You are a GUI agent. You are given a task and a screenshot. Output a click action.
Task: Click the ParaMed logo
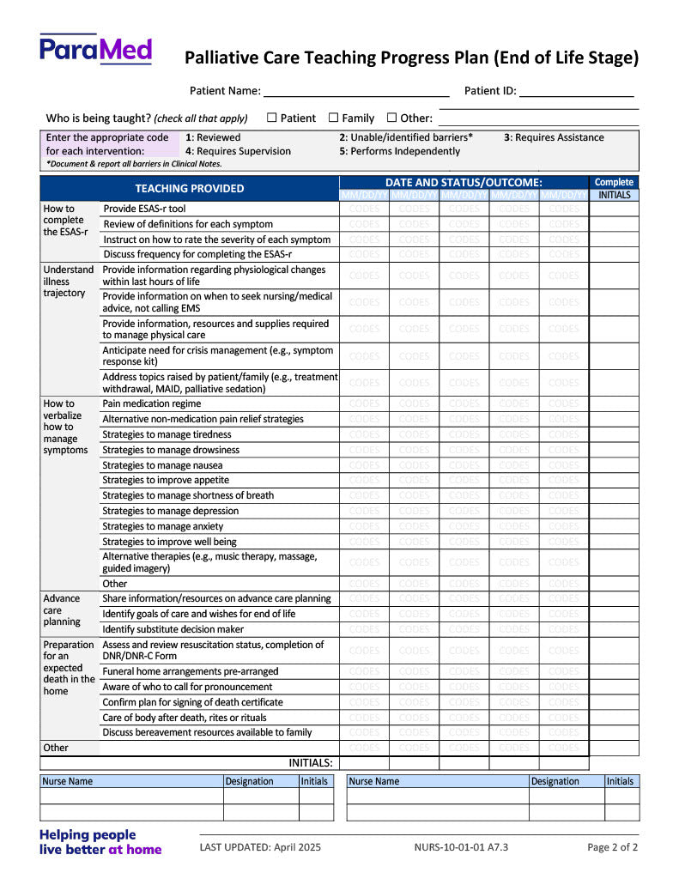[95, 50]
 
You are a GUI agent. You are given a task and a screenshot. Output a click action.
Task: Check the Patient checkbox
[271, 118]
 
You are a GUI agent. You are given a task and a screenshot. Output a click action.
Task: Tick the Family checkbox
[333, 118]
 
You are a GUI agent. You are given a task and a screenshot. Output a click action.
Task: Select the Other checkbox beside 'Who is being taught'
[391, 118]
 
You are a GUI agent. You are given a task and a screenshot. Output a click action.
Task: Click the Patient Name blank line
[355, 91]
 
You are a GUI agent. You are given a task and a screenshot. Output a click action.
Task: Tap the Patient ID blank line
[576, 91]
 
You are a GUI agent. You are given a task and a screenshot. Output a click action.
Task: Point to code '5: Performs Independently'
[399, 151]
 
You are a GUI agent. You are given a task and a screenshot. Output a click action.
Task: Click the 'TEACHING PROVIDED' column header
[189, 188]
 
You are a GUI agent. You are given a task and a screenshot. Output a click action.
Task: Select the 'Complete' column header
[614, 182]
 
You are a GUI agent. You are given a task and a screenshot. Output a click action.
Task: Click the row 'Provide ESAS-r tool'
[144, 209]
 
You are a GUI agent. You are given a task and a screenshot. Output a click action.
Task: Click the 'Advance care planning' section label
[62, 610]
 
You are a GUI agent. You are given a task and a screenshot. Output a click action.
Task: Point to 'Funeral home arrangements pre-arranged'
[190, 671]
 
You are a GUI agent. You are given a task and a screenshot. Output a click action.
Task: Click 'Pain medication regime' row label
[152, 403]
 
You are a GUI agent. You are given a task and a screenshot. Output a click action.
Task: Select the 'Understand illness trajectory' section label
[69, 282]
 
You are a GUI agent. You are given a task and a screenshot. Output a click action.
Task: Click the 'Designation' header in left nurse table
[249, 781]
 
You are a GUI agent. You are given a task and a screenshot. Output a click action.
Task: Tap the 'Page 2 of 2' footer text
[612, 847]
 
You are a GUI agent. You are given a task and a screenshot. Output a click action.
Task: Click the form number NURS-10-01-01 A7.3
[461, 847]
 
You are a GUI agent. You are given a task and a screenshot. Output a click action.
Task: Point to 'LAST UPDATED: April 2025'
[260, 847]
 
